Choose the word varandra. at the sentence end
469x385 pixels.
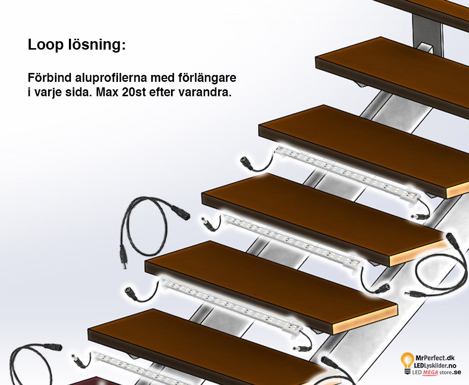pyautogui.click(x=205, y=92)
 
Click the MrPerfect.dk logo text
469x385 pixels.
pyautogui.click(x=435, y=358)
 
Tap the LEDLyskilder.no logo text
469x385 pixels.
pyautogui.click(x=435, y=365)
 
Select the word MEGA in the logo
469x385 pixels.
pyautogui.click(x=430, y=373)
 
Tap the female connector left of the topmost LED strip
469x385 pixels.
pyautogui.click(x=248, y=162)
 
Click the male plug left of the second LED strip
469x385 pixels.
pyautogui.click(x=208, y=223)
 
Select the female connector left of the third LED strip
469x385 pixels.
pyautogui.click(x=131, y=293)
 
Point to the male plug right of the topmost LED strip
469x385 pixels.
pyautogui.click(x=419, y=216)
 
